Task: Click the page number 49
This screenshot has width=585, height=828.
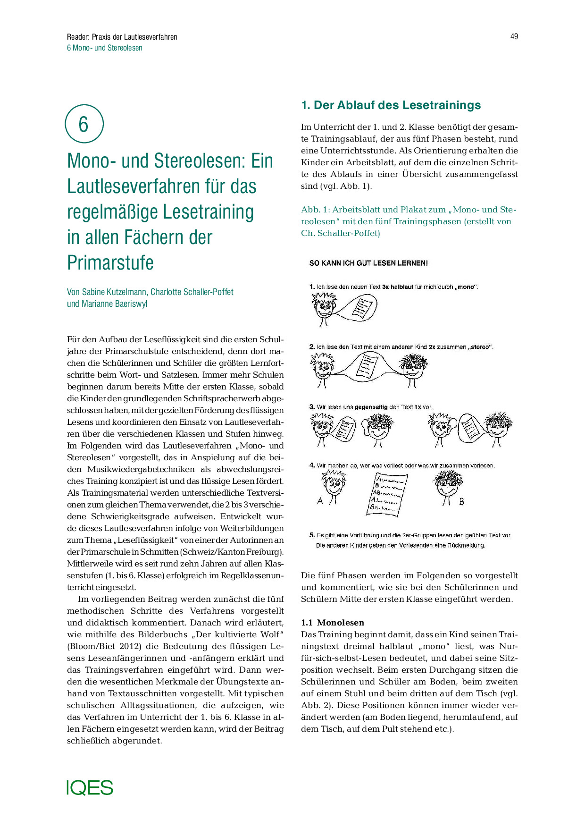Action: (514, 36)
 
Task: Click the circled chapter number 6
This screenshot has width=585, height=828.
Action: (84, 124)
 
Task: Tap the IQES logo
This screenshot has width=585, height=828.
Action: (90, 787)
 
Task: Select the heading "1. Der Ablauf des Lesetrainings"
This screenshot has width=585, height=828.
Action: (391, 105)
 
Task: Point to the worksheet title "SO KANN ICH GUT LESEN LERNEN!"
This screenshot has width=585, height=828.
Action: (368, 263)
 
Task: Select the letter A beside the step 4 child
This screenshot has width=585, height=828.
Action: (320, 501)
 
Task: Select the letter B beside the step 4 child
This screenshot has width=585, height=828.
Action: (462, 501)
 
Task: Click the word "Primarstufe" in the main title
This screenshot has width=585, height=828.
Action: (110, 263)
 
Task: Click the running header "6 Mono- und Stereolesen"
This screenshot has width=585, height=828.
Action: (105, 48)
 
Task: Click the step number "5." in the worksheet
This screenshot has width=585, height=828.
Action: (312, 535)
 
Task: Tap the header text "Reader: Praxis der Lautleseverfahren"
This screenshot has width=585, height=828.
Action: (122, 37)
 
